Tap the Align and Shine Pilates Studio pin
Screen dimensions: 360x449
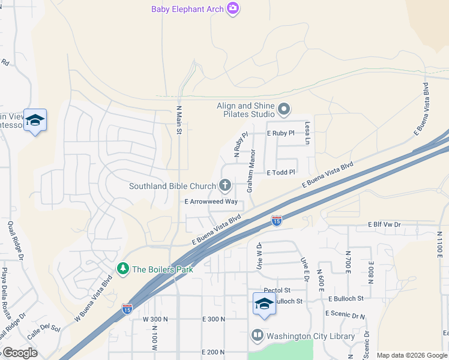(285, 110)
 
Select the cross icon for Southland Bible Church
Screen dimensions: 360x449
(225, 185)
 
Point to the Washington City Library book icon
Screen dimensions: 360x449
(258, 336)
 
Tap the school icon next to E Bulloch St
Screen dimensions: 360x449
(264, 304)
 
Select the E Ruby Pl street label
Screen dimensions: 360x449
(280, 133)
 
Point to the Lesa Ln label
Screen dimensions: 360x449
(307, 133)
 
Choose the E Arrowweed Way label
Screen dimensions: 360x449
(211, 202)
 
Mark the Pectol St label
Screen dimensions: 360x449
(281, 290)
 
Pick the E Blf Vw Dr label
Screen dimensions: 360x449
(384, 224)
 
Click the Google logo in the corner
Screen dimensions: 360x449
(19, 352)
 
